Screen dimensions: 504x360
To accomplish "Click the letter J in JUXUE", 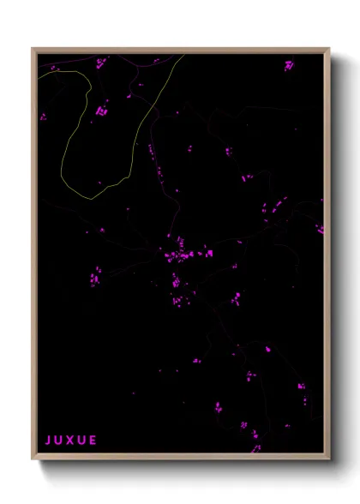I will pos(48,441).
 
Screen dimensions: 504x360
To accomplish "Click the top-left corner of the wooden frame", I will pos(33,49).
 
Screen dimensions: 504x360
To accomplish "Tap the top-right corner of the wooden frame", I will pos(329,49).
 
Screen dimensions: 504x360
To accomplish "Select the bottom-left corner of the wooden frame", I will pos(33,459).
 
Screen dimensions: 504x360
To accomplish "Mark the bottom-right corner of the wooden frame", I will pos(329,459).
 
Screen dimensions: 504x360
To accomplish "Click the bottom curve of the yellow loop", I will pos(86,198).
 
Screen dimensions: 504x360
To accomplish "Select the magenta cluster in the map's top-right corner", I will pos(289,64).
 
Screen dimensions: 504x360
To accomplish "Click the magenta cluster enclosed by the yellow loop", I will pos(102,110).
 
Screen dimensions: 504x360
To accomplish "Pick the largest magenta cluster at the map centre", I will pos(180,255).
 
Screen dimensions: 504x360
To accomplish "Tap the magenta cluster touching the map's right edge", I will pos(320,229).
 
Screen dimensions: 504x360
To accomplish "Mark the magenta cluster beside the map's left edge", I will pos(43,117).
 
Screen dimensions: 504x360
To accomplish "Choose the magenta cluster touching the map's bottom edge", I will pos(255,447).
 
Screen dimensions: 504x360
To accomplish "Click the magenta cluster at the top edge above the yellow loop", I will pos(100,63).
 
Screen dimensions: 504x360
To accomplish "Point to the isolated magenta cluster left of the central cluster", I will pos(94,276).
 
